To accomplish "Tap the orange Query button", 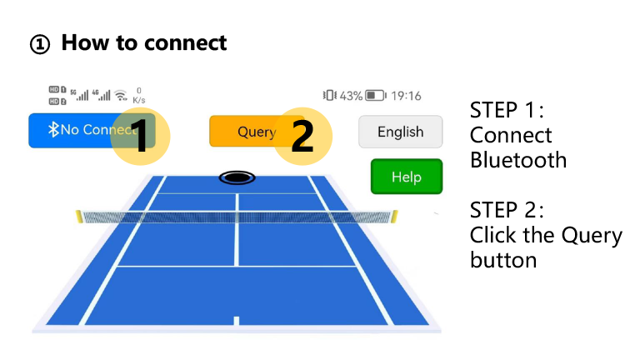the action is pos(247,131).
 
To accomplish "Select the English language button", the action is pos(401,132).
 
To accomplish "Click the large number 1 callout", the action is pos(140,136).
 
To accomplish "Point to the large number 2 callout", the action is pos(302,136).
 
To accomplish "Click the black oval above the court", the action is pos(237,177).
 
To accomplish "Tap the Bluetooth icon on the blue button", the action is pos(53,129).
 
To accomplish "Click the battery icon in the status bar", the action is pos(376,96).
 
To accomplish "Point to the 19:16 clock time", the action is pos(406,96).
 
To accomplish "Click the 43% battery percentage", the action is pos(351,96).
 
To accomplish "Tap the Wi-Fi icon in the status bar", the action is pos(121,96).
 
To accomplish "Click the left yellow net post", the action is pos(79,217).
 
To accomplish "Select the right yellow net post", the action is pos(395,217).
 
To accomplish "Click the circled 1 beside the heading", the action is pos(40,44).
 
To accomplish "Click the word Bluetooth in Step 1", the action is pos(518,160).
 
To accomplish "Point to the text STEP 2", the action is pos(507,210).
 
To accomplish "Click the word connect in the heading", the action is pos(185,43).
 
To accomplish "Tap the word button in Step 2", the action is pos(503,260).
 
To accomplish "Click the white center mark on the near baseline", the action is pos(237,321).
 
